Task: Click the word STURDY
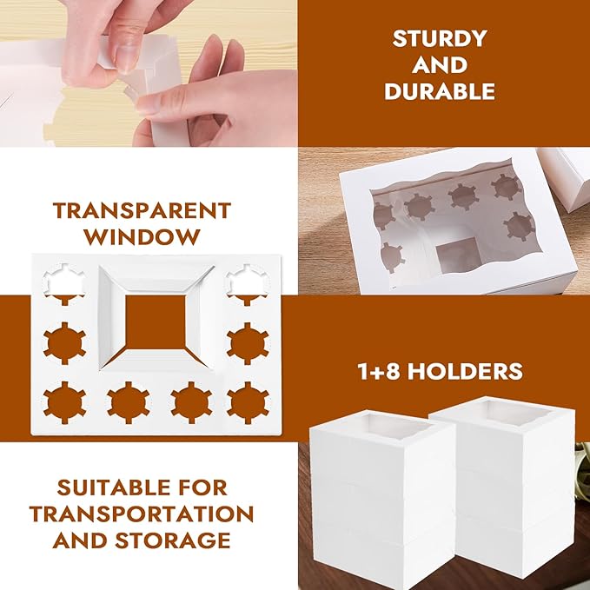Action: (x=440, y=38)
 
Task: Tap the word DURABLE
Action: (x=440, y=91)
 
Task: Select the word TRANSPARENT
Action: (x=142, y=210)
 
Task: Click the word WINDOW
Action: (x=142, y=236)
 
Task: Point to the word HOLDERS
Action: (x=465, y=371)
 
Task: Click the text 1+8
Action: (x=379, y=371)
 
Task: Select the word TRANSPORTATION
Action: (x=142, y=514)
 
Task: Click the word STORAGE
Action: (x=173, y=540)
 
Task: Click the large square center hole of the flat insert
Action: (x=155, y=322)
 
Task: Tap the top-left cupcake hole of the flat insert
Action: (x=64, y=284)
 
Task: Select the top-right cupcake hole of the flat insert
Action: (x=247, y=284)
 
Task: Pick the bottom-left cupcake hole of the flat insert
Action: (x=64, y=402)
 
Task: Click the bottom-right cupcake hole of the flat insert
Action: (x=248, y=402)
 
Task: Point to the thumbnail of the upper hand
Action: (x=125, y=57)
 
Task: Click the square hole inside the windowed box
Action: (x=458, y=255)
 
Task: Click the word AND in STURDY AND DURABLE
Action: (x=440, y=64)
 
